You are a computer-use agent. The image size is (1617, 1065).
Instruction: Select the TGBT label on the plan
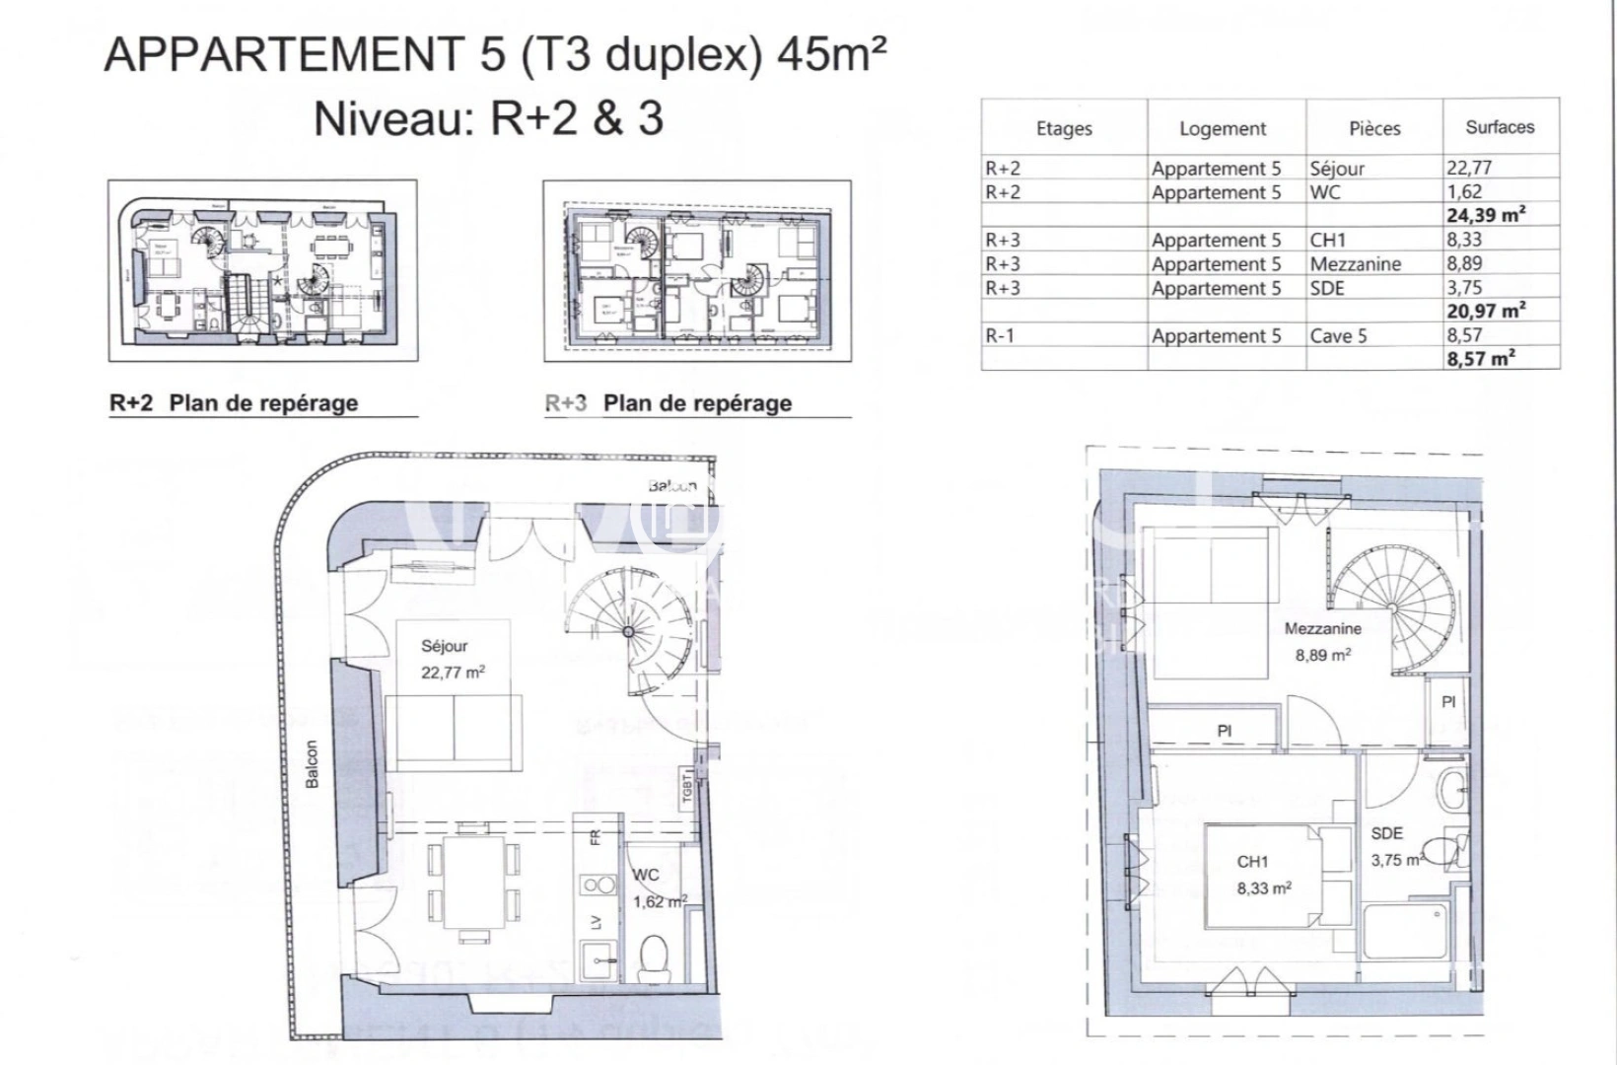coord(687,788)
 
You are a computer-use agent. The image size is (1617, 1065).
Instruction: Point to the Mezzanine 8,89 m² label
coord(1322,641)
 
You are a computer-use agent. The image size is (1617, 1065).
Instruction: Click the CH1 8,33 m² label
coord(1264,875)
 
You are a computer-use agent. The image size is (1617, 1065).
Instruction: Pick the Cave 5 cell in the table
coord(1338,336)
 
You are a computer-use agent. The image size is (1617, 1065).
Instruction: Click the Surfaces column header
coord(1500,127)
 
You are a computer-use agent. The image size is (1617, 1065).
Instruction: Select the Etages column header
coord(1064,128)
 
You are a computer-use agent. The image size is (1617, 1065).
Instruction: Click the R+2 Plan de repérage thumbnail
coord(262,270)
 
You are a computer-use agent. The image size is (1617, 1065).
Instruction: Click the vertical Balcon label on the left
coord(313,764)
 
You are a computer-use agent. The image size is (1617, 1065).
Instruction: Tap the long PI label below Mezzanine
coord(1224,731)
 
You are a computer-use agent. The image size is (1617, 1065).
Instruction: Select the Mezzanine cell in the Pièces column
coord(1355,264)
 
